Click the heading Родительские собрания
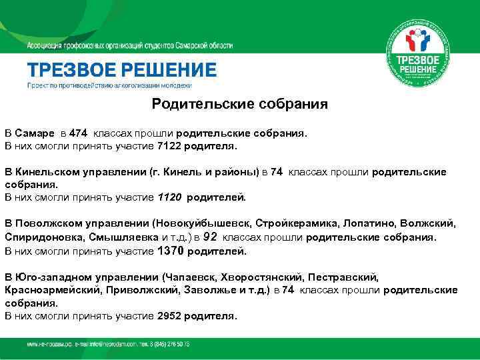click(239, 104)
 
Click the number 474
click(77, 132)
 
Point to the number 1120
click(169, 197)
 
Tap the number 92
click(210, 237)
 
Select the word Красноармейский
click(51, 289)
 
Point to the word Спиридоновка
click(43, 237)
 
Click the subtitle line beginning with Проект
click(109, 86)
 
